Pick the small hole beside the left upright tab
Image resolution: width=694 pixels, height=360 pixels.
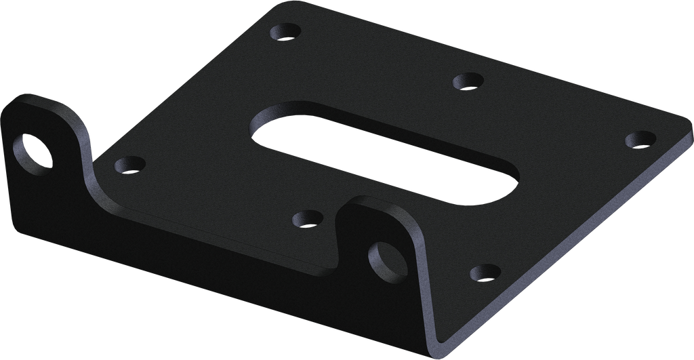tap(129, 164)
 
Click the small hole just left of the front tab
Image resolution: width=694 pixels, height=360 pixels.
tap(307, 219)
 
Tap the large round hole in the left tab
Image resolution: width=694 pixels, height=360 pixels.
tap(33, 153)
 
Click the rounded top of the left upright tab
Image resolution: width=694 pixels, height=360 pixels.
tap(41, 102)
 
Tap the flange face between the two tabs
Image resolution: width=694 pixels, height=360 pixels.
tap(203, 237)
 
